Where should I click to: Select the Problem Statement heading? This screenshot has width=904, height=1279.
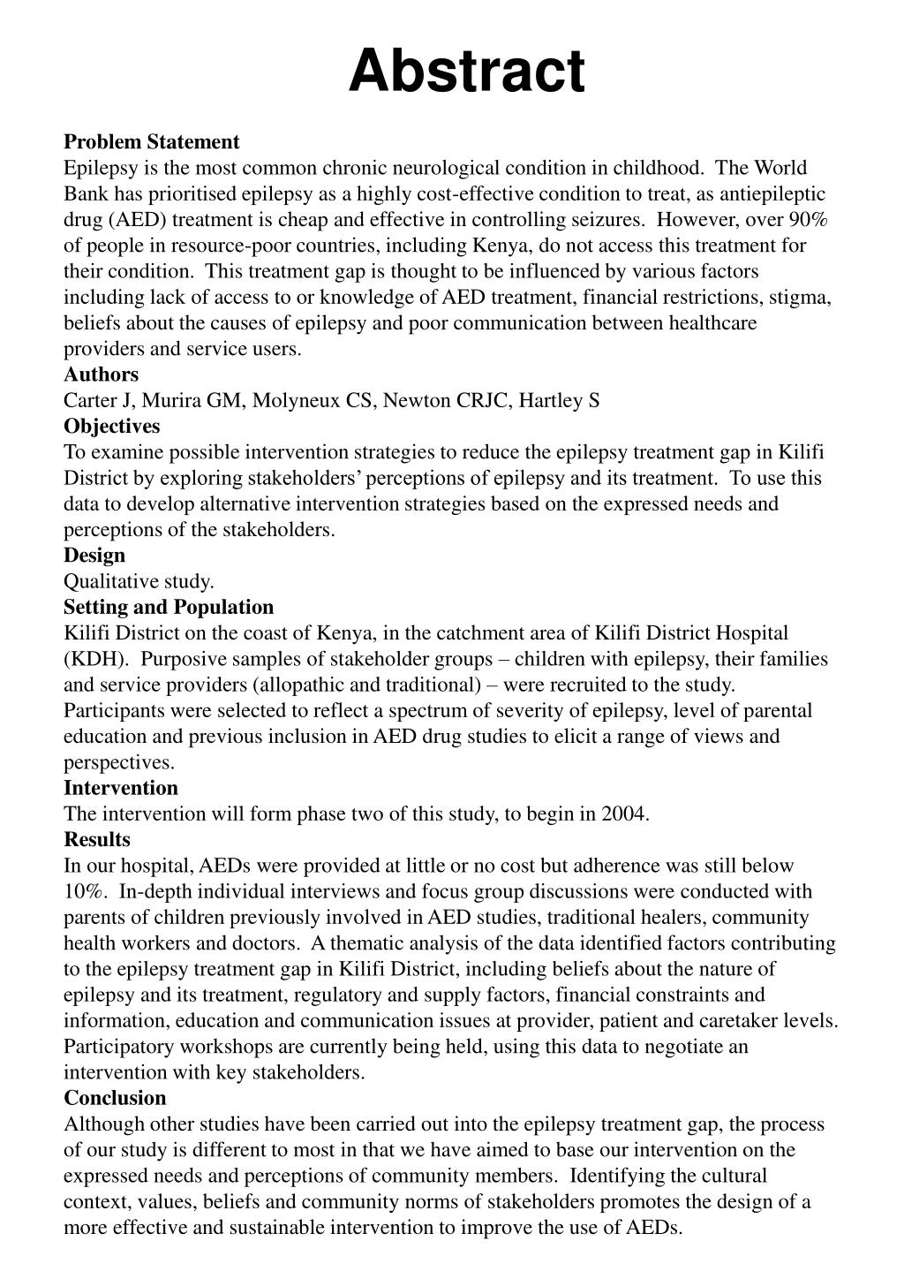pyautogui.click(x=151, y=142)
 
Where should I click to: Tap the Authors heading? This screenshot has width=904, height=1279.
pyautogui.click(x=101, y=375)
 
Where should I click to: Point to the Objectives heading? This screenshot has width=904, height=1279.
pyautogui.click(x=111, y=427)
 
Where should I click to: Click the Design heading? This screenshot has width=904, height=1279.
pyautogui.click(x=94, y=556)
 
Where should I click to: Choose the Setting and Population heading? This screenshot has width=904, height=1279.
pyautogui.click(x=168, y=608)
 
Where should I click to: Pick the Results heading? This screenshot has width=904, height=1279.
pyautogui.click(x=96, y=840)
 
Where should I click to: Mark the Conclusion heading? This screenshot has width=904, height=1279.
pyautogui.click(x=114, y=1099)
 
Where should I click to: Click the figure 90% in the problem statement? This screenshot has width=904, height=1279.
pyautogui.click(x=807, y=220)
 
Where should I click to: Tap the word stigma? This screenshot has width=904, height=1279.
pyautogui.click(x=800, y=298)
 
